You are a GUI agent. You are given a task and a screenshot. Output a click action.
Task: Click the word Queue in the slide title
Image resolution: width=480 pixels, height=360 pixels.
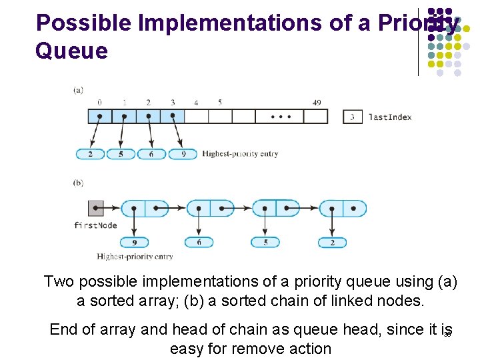pyautogui.click(x=71, y=51)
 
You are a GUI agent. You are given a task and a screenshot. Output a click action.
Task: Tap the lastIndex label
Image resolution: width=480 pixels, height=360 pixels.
pyautogui.click(x=390, y=117)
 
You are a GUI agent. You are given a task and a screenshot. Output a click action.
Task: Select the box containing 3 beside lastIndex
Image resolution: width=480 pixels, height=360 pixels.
pyautogui.click(x=352, y=117)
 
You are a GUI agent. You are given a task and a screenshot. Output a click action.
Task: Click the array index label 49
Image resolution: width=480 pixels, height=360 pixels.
pyautogui.click(x=317, y=103)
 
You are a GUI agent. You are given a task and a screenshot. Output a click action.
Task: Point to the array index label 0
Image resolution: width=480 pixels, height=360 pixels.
pyautogui.click(x=99, y=103)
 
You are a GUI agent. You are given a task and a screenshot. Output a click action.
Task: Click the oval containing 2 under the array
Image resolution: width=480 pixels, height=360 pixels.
pyautogui.click(x=91, y=154)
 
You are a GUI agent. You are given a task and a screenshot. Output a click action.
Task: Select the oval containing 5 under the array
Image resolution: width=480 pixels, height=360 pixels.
pyautogui.click(x=121, y=154)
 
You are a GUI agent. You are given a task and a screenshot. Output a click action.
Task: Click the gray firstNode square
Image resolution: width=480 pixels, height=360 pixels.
pyautogui.click(x=96, y=208)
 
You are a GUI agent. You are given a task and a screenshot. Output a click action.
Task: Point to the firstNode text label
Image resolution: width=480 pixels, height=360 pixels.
pyautogui.click(x=95, y=225)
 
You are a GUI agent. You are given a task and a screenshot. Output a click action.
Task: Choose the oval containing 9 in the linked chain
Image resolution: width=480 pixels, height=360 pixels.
pyautogui.click(x=135, y=243)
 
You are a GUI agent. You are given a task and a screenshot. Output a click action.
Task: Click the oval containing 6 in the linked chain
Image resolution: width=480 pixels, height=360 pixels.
pyautogui.click(x=199, y=243)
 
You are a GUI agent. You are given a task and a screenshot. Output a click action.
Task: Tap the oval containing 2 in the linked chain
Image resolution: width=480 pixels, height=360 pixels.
pyautogui.click(x=333, y=243)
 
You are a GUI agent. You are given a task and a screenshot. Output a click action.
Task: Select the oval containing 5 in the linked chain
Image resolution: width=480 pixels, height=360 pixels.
pyautogui.click(x=265, y=243)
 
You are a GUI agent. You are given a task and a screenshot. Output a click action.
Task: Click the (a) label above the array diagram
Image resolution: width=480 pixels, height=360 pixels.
pyautogui.click(x=78, y=89)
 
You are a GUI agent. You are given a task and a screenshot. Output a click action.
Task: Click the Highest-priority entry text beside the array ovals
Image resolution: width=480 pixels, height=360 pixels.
pyautogui.click(x=240, y=154)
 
